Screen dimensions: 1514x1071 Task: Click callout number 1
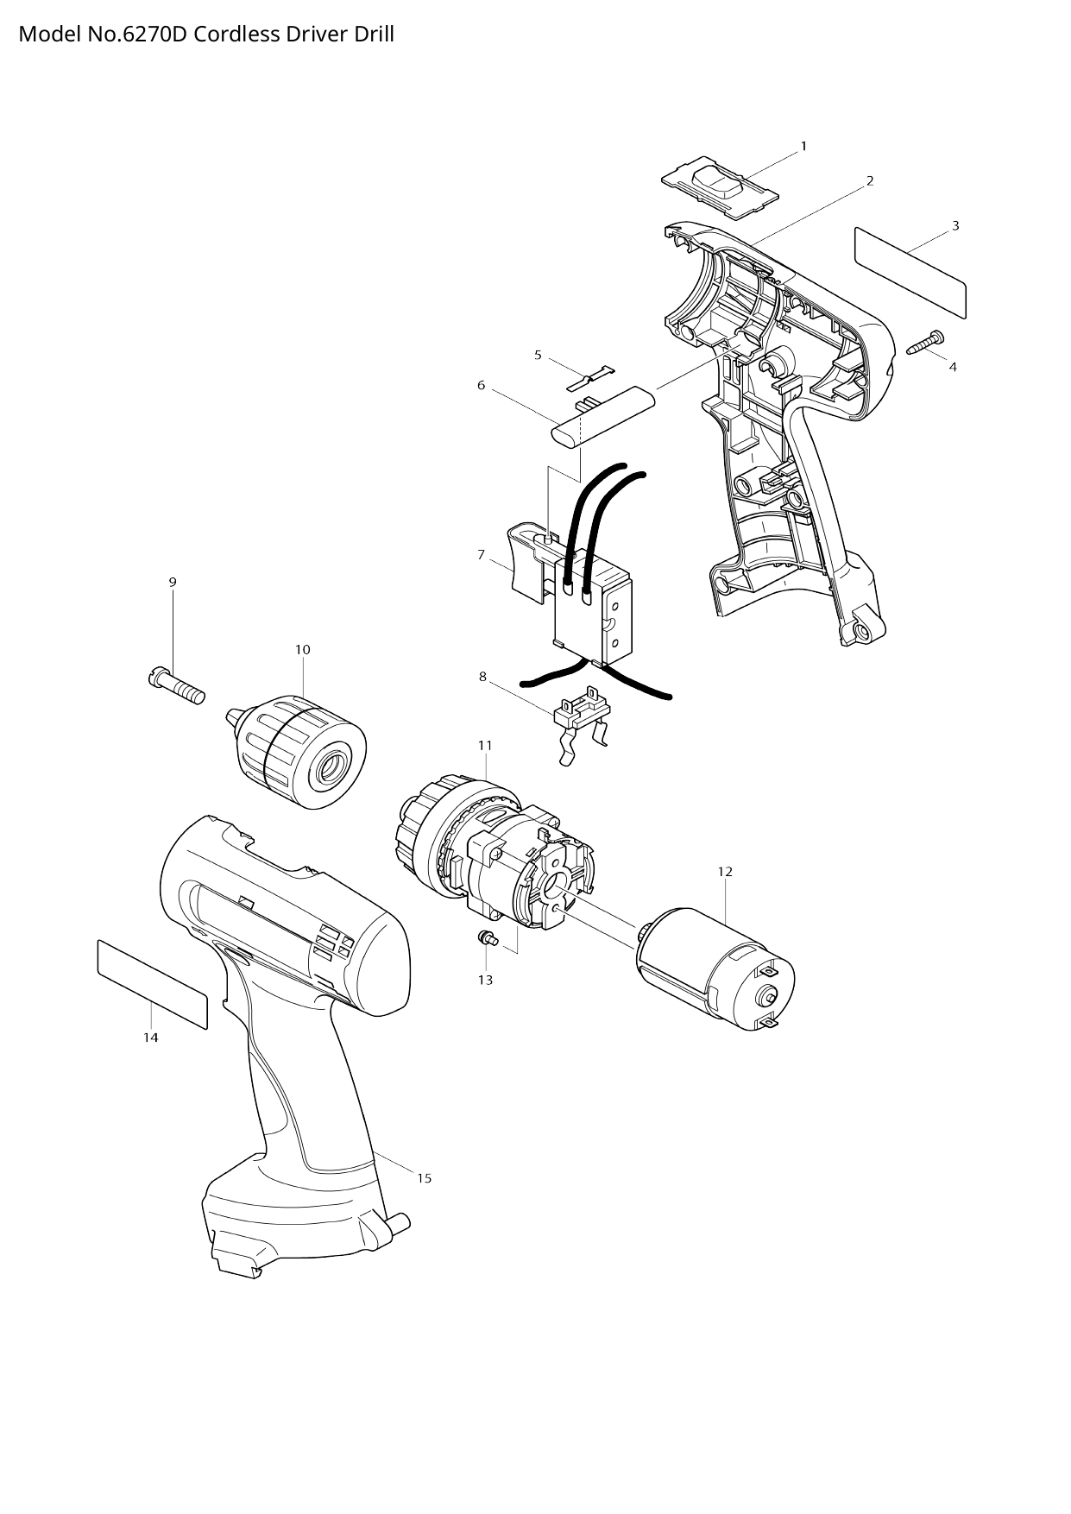click(803, 146)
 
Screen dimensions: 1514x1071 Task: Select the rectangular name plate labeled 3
click(910, 272)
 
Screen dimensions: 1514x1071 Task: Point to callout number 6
click(482, 385)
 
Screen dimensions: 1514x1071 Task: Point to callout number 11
click(485, 745)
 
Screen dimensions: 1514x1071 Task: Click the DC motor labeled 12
click(715, 968)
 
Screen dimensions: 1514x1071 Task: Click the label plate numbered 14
click(152, 984)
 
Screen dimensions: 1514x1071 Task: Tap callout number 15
click(424, 1178)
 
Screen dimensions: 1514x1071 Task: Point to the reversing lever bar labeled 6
click(604, 416)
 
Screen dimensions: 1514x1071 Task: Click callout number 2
click(870, 180)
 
